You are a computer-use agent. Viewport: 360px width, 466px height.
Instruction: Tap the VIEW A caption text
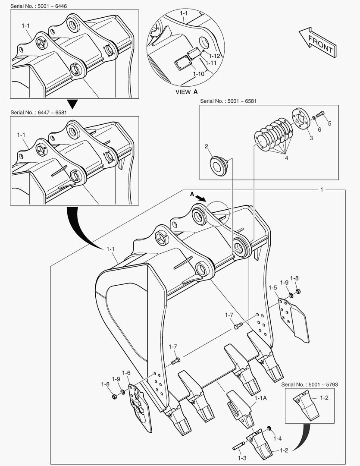point(187,92)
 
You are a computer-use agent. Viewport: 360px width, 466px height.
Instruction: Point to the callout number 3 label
point(310,138)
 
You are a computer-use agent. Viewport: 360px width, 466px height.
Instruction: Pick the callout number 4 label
point(286,158)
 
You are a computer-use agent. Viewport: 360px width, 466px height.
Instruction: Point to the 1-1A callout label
point(261,398)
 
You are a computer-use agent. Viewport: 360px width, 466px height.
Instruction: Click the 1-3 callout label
point(242,459)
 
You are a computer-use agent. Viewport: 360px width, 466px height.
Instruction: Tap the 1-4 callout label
point(278,438)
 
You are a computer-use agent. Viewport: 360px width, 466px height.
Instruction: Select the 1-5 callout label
point(272,287)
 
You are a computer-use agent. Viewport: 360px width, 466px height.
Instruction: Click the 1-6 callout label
point(126,373)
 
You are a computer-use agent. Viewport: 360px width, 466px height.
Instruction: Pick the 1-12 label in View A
point(214,56)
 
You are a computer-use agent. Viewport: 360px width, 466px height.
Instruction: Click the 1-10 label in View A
point(199,74)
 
